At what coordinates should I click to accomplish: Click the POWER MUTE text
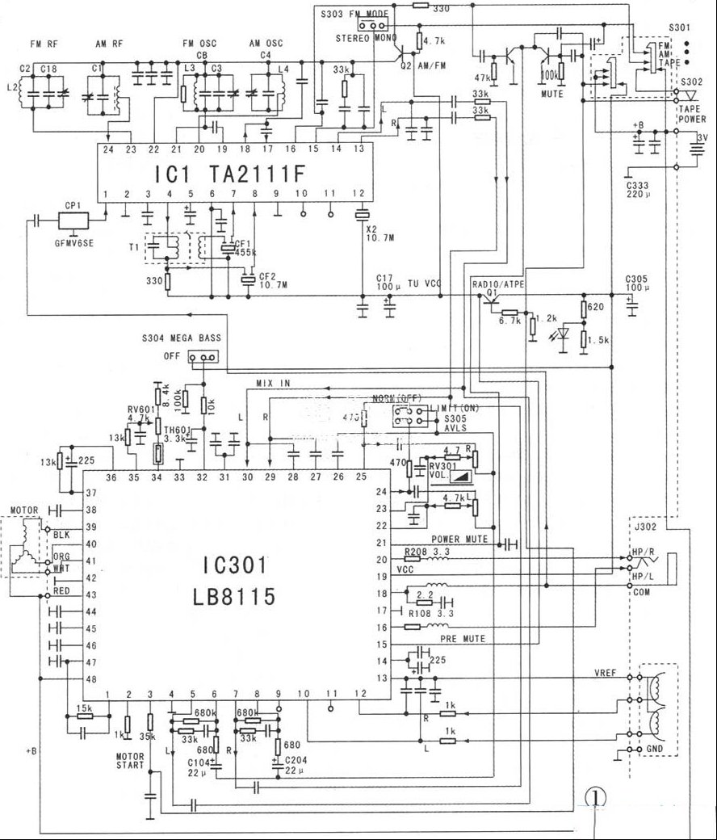[458, 540]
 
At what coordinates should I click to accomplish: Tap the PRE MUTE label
[462, 638]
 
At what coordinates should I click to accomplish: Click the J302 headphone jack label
[645, 531]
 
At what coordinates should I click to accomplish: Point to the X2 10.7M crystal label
[377, 233]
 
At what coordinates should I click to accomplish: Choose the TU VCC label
[425, 283]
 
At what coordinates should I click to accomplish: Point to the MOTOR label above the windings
[23, 510]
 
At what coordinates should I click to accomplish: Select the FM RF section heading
[45, 42]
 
